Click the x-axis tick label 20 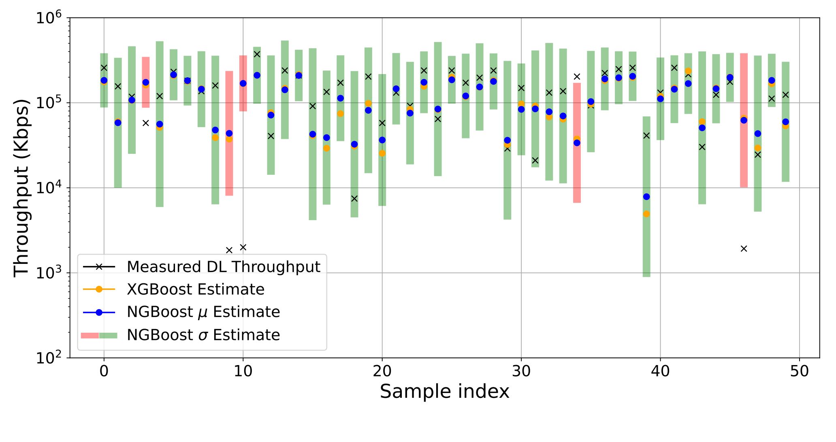coord(382,371)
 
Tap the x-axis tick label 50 coord(799,371)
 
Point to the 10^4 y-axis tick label coord(49,188)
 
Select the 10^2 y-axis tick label coord(49,358)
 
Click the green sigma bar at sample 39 coord(646,243)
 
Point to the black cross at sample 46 coord(744,249)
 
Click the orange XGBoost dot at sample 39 coord(646,214)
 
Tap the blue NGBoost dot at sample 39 coord(646,197)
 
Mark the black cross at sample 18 coord(354,198)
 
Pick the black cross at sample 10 coord(243,247)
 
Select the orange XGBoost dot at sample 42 coord(688,71)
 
